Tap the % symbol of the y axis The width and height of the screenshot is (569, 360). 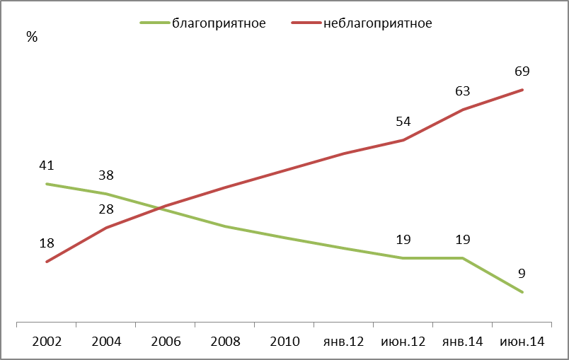(31, 37)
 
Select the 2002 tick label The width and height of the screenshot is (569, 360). (47, 342)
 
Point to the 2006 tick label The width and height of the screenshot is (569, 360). (166, 342)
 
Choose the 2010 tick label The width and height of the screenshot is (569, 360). (284, 342)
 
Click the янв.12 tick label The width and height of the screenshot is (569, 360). (343, 342)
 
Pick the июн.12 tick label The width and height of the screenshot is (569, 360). (403, 342)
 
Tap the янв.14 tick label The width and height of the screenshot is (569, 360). (462, 342)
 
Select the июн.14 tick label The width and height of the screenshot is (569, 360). (522, 342)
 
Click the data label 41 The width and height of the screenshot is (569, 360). (47, 166)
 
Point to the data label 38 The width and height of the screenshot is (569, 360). (106, 175)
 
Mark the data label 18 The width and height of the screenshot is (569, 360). (47, 243)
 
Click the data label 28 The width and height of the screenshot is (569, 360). (106, 209)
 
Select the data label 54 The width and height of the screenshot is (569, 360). (403, 122)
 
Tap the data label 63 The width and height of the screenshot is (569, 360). (463, 91)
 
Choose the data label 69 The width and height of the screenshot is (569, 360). (522, 71)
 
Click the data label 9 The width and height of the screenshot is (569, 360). (522, 274)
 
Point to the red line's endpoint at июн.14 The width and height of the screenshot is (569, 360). (522, 90)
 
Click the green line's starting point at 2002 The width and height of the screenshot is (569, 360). (47, 184)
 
